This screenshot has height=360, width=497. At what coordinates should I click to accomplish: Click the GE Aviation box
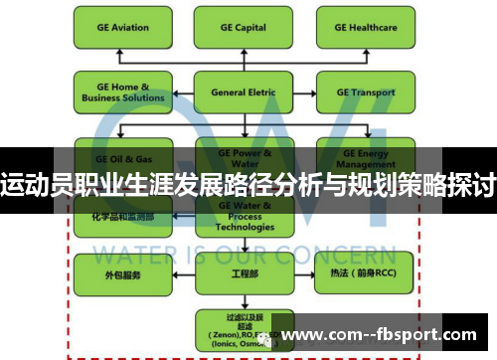pos(117,29)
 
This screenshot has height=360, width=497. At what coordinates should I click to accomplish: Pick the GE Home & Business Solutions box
pos(117,92)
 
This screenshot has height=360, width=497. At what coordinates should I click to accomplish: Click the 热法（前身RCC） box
pos(359,271)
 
